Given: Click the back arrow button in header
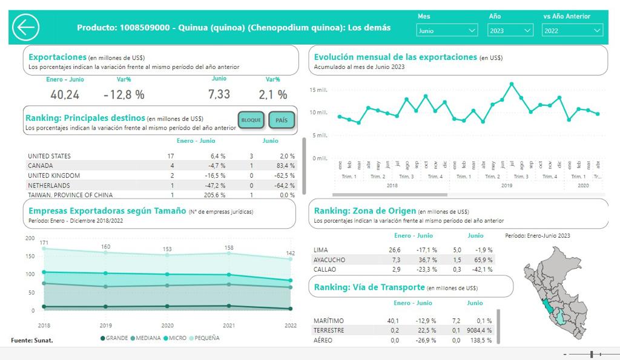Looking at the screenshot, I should pyautogui.click(x=26, y=27).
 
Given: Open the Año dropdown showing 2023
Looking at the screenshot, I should pyautogui.click(x=510, y=30).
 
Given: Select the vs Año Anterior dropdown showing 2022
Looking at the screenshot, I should pyautogui.click(x=572, y=30).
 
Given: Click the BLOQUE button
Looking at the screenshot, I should pyautogui.click(x=251, y=120).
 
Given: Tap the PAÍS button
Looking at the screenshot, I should pyautogui.click(x=282, y=120).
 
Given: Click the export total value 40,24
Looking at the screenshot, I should pyautogui.click(x=65, y=94).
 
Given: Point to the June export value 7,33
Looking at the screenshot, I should pyautogui.click(x=219, y=94).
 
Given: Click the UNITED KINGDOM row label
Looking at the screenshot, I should pyautogui.click(x=54, y=175).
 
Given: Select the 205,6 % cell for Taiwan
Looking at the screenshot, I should pyautogui.click(x=215, y=195).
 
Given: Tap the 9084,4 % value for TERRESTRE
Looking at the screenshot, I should pyautogui.click(x=480, y=330).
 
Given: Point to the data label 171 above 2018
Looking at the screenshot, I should pyautogui.click(x=44, y=243).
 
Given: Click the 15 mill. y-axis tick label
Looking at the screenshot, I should pyautogui.click(x=318, y=90).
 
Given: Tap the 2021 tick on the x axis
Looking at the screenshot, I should pyautogui.click(x=229, y=325).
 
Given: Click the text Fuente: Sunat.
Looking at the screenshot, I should pyautogui.click(x=32, y=340).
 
